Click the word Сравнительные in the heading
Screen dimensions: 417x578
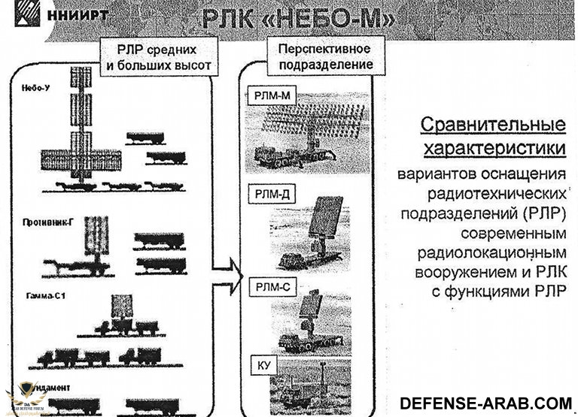tap(492, 124)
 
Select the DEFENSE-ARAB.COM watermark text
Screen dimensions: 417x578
tap(485, 402)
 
